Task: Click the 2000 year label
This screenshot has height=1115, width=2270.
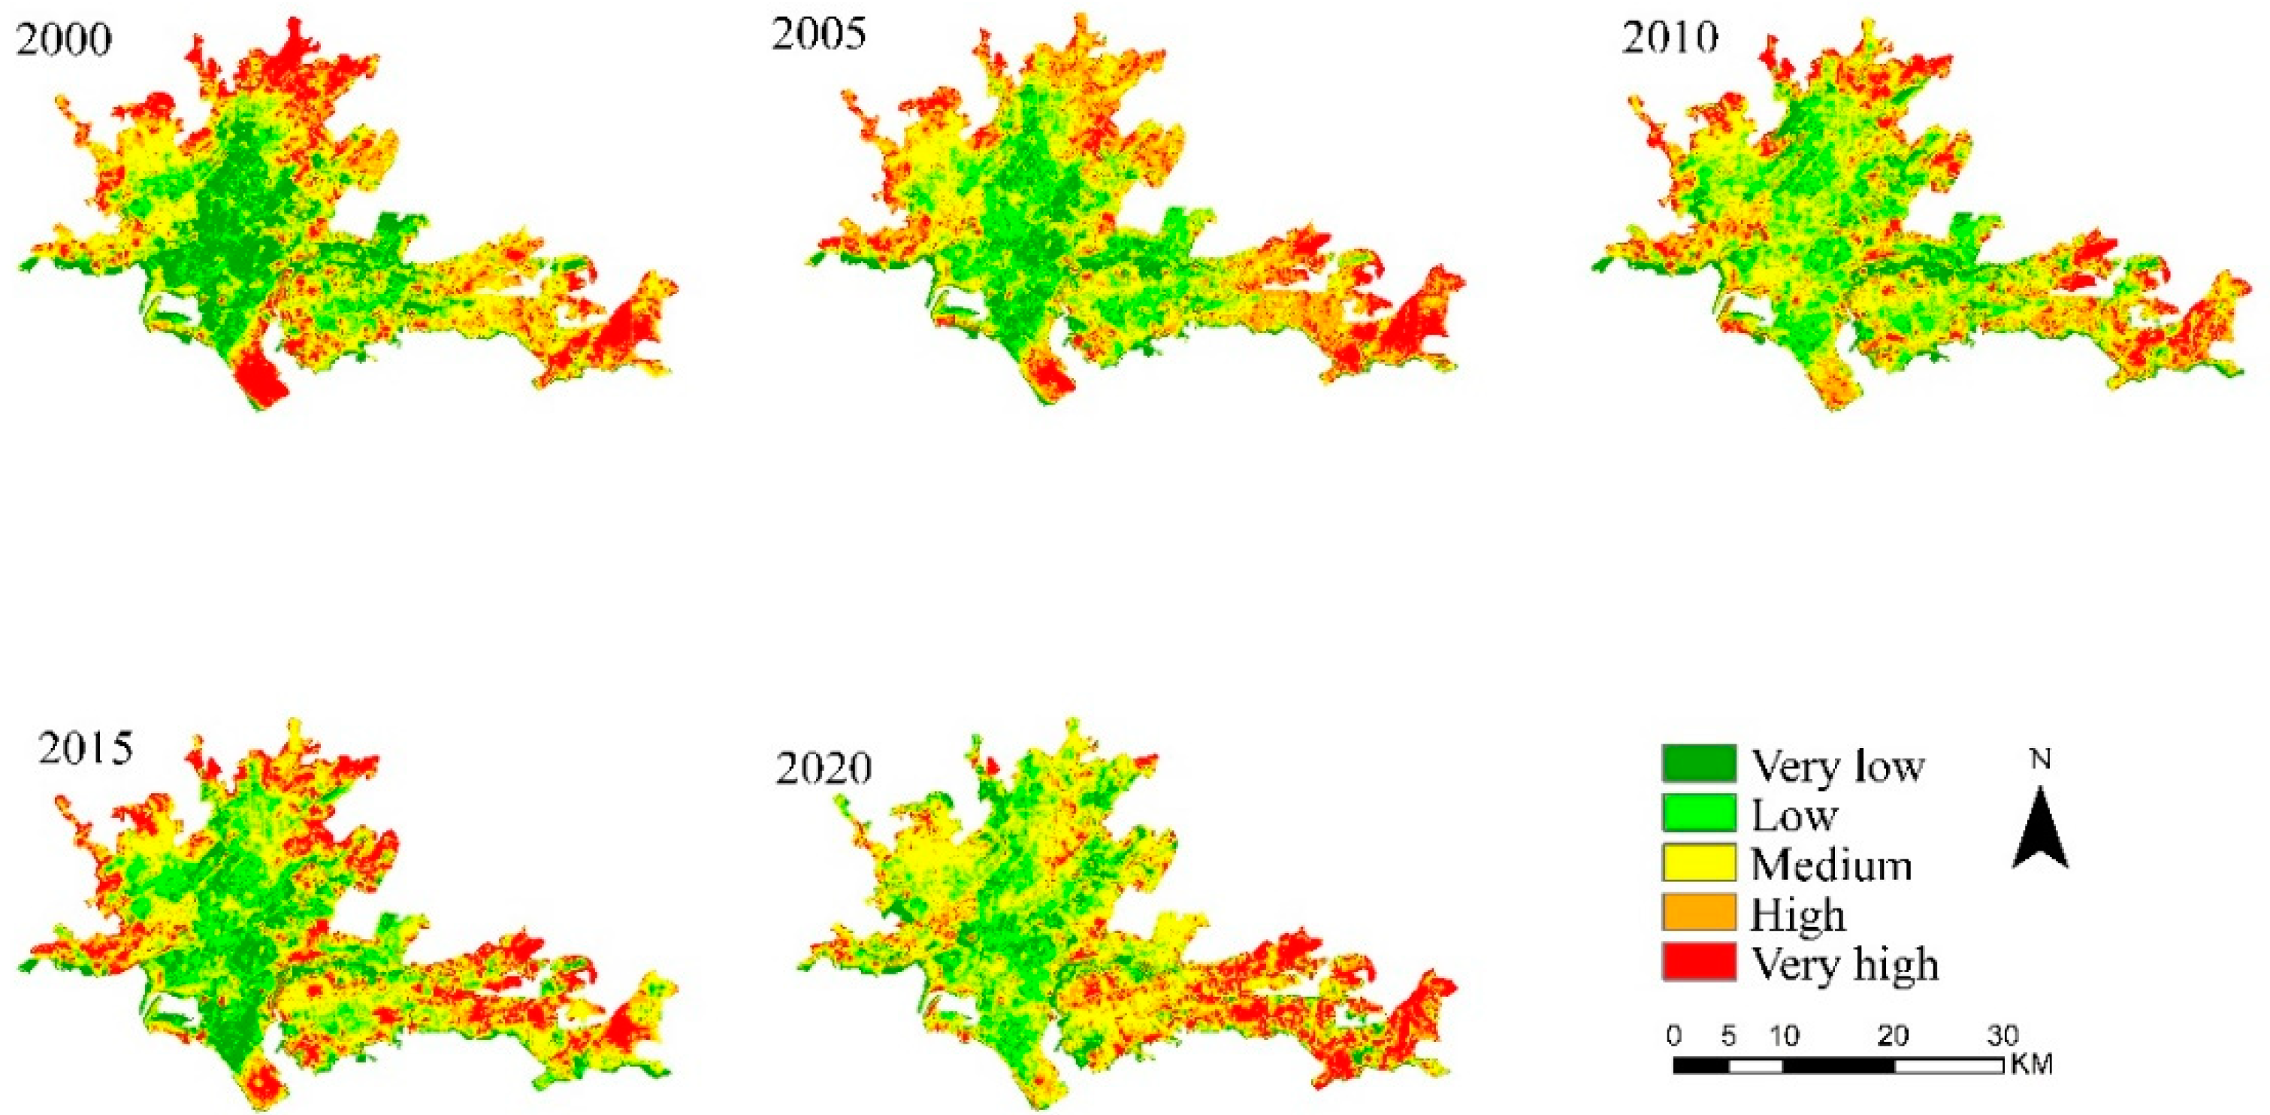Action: tap(63, 40)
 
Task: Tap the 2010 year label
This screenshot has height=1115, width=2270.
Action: tap(1670, 37)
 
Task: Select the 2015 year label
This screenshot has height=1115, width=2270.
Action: tap(86, 747)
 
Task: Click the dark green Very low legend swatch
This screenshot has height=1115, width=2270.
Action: tap(1698, 763)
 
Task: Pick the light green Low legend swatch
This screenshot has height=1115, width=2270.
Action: tap(1698, 813)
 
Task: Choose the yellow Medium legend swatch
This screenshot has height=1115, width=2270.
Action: tap(1698, 862)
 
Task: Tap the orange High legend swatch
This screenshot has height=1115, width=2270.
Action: tap(1698, 912)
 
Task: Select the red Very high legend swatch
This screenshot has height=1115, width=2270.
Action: tap(1698, 962)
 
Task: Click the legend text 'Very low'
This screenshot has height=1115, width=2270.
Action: tap(1836, 765)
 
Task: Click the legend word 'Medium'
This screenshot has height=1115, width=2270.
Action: tap(1831, 864)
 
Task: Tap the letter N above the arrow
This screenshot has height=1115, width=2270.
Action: tap(2041, 759)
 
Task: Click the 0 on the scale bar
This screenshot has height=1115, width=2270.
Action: tap(1674, 1035)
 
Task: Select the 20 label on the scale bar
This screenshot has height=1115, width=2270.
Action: tap(1893, 1035)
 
